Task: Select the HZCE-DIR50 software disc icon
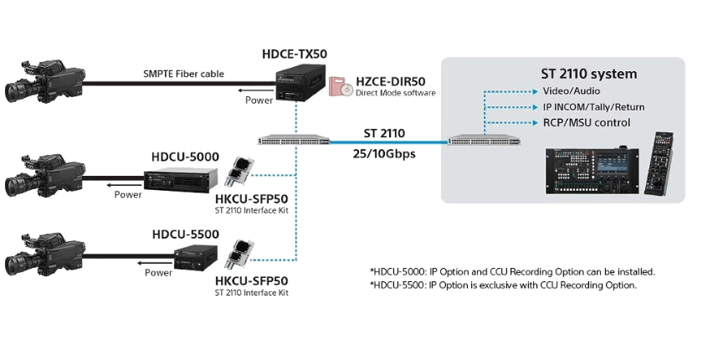click(340, 88)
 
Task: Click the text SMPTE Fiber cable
click(183, 74)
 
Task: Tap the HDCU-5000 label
click(185, 157)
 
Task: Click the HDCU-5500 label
click(185, 235)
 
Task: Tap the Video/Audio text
click(572, 90)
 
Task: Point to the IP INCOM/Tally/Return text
click(593, 107)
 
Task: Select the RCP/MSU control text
click(586, 123)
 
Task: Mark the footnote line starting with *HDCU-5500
click(503, 285)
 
